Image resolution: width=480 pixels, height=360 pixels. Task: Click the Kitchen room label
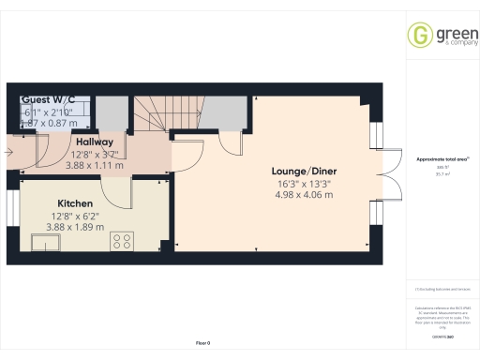point(74,202)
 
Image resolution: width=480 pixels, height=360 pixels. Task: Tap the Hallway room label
point(94,142)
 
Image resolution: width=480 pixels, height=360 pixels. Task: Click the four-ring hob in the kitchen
point(123,241)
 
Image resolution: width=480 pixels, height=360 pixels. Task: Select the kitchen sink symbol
point(46,244)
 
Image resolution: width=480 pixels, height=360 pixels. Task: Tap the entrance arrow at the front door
point(8,149)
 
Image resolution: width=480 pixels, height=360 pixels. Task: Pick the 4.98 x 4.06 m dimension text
point(297,196)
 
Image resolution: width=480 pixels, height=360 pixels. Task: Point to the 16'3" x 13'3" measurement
point(297,185)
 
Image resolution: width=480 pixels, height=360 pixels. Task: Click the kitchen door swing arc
point(117,191)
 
